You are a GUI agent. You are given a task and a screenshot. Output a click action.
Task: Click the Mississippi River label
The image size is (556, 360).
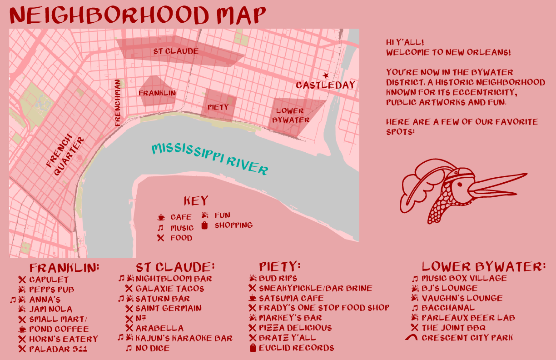209,159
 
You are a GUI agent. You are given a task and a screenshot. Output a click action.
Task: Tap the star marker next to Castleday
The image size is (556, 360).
325,75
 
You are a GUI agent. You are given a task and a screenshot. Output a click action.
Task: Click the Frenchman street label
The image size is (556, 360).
118,103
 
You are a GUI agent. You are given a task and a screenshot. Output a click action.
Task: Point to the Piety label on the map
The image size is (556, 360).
218,107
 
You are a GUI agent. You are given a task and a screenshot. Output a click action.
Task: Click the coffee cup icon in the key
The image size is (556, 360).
161,218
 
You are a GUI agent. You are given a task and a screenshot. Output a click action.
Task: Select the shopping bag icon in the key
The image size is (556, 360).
204,225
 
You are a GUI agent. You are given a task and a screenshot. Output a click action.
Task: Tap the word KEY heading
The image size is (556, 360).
196,201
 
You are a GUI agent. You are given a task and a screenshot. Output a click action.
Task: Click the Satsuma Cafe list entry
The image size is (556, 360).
291,298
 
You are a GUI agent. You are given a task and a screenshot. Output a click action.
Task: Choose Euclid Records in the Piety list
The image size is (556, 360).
296,348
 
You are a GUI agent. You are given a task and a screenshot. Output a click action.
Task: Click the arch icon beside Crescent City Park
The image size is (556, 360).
412,338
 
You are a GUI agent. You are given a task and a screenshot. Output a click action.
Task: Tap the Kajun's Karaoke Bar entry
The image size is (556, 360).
184,338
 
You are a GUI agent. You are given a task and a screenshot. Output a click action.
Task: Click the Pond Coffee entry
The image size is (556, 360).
59,329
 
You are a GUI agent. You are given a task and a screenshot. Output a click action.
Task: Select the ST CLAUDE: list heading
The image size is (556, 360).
175,267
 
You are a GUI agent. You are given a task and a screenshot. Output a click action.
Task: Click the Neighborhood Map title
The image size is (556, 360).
137,15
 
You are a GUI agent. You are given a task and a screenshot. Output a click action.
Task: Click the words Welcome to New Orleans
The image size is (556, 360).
448,52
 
